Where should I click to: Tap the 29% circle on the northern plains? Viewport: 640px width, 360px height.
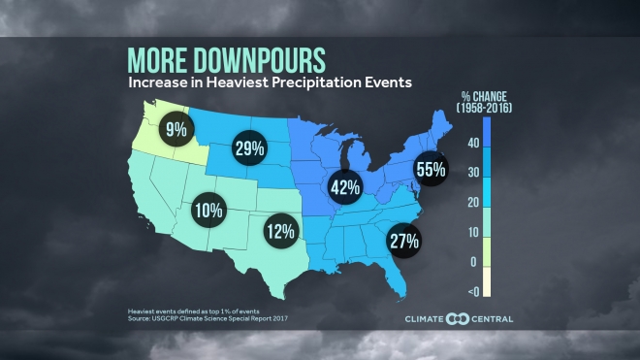[x=251, y=148]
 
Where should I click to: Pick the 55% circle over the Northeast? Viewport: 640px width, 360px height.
[x=432, y=169]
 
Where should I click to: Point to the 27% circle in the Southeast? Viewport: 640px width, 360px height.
[x=402, y=239]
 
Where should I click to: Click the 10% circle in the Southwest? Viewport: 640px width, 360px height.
[x=209, y=209]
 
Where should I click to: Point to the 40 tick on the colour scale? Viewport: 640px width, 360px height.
[x=473, y=142]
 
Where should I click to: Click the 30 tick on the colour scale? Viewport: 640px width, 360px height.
[x=473, y=172]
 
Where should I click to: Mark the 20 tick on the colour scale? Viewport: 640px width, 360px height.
[x=473, y=202]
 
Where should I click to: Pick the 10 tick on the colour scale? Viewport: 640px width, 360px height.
[x=473, y=232]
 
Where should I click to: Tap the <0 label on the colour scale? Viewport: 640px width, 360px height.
[x=472, y=292]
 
